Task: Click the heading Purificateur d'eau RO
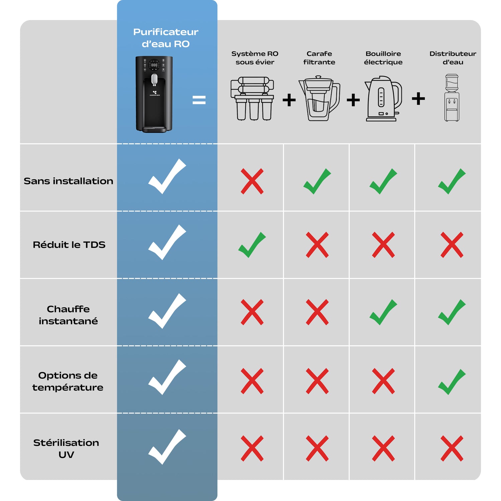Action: (x=166, y=38)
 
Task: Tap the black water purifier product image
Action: (x=154, y=94)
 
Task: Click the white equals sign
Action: (x=199, y=100)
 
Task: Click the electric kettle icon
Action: (x=383, y=99)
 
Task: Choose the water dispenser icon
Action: (x=452, y=98)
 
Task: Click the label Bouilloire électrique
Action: (x=383, y=58)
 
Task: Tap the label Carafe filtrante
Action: (x=319, y=58)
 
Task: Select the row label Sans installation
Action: (x=68, y=181)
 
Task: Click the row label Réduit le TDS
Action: (x=69, y=244)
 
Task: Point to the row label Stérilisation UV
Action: (x=66, y=449)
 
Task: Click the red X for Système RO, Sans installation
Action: (x=252, y=181)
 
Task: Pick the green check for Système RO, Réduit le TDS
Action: (x=252, y=245)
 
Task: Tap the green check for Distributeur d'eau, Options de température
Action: (x=452, y=382)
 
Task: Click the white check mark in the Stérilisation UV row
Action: (x=167, y=447)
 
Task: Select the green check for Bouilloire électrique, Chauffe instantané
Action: (x=383, y=312)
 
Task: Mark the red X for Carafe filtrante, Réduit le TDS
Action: (x=317, y=245)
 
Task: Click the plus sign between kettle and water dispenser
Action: (x=418, y=99)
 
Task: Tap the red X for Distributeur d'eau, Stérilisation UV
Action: (x=452, y=449)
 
